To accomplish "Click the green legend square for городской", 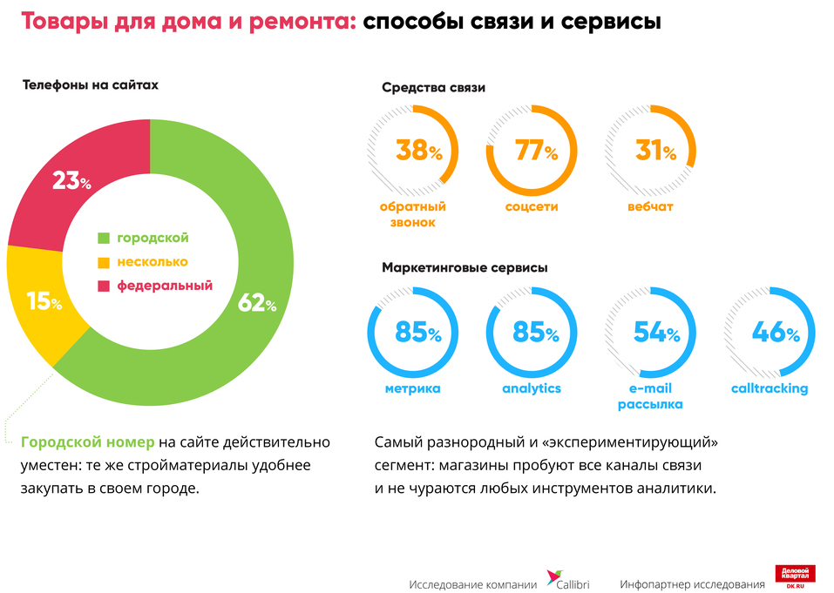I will coord(104,239).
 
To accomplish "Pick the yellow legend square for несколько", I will coord(104,262).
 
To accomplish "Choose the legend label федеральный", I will coord(165,286).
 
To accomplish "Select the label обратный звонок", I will coord(412,215).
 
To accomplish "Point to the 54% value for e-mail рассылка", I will coord(655,333).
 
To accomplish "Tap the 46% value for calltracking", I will coord(774,333).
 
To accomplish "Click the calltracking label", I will coord(770,388).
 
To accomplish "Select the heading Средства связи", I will coord(433,88).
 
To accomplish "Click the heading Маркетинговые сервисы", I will coord(464,268).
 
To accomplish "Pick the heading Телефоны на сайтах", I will coord(90,85).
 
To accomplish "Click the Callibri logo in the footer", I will coord(566,580).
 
